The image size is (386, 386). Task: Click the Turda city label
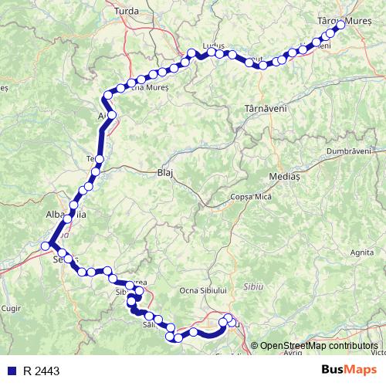click(126, 12)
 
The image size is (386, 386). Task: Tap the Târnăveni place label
click(266, 109)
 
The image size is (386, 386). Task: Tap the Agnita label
click(362, 252)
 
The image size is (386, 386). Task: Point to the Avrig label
click(293, 352)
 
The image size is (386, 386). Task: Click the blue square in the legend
click(10, 371)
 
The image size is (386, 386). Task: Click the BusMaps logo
click(348, 371)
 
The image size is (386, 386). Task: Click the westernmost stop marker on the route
click(46, 245)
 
